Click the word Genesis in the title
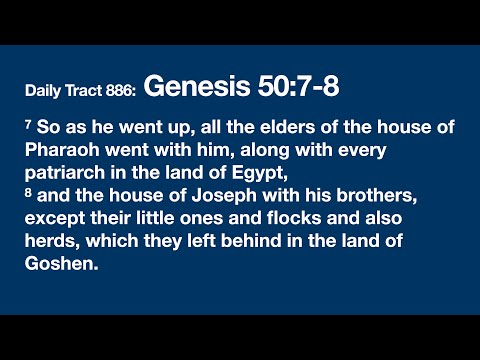tap(194, 87)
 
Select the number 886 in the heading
tap(121, 91)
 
